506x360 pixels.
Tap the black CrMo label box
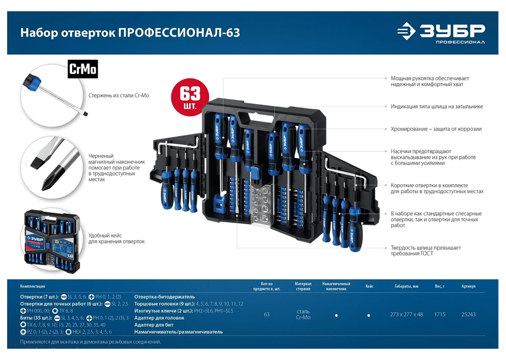(83, 69)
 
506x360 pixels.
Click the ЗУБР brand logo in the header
(441, 33)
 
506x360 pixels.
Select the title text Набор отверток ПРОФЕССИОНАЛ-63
(130, 33)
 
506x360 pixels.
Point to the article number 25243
(468, 314)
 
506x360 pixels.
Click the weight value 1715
(439, 314)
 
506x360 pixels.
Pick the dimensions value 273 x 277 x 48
(406, 314)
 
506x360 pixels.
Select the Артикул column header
(468, 286)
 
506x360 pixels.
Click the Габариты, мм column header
(406, 286)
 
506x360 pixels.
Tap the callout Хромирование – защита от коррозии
(436, 129)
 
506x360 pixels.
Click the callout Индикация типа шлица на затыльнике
(436, 107)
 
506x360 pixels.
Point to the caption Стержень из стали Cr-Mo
(118, 95)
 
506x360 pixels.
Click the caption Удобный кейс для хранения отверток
(116, 238)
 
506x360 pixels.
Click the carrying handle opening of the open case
(256, 118)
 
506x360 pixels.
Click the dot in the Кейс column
(368, 315)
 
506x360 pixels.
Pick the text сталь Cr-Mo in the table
(303, 314)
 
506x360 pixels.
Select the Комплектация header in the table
(32, 286)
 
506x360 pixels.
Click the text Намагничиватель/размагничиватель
(178, 332)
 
